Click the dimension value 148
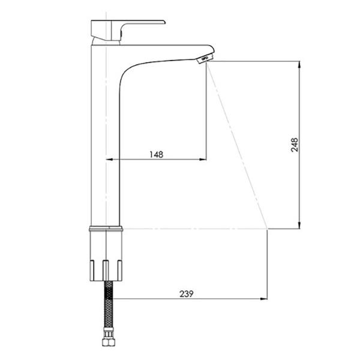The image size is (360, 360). point(157,154)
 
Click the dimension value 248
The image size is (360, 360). point(295,145)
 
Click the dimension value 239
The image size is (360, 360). point(187,293)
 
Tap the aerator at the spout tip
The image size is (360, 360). point(205,58)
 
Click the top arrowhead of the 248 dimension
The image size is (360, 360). point(299,65)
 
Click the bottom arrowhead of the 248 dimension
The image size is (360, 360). point(299,225)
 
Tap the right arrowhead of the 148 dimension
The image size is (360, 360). point(203,160)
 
